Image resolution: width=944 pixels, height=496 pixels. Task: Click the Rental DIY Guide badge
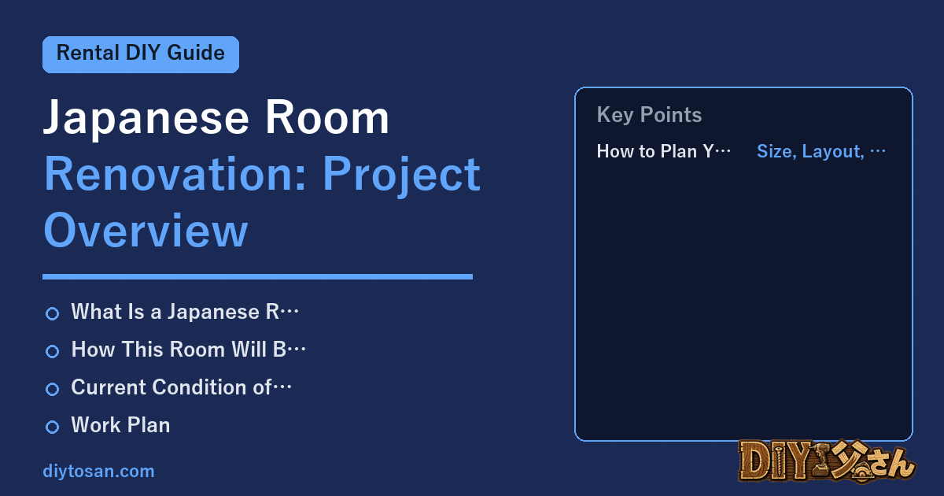coord(141,54)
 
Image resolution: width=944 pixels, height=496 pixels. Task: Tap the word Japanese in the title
coord(146,119)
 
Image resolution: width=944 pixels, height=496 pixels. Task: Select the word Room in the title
coord(327,117)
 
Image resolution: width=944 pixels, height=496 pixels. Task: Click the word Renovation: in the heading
coord(175,174)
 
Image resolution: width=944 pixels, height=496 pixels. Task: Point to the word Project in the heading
coord(402,175)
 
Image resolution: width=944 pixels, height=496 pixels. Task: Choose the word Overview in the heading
coord(146,231)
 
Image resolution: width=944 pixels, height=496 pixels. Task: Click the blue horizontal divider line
coord(257,276)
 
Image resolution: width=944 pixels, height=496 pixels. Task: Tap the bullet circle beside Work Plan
coord(52,427)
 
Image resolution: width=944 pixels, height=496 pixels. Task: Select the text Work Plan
coord(120,424)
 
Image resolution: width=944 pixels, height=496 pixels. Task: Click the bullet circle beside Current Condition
coord(52,389)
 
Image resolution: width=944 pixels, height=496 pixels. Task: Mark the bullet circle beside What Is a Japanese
coord(52,314)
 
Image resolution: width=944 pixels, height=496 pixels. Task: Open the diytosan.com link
coord(98,471)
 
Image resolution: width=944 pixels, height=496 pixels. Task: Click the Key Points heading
coord(649,115)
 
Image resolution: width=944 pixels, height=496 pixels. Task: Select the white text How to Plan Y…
coord(664,151)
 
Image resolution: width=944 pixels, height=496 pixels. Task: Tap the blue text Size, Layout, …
coord(821,151)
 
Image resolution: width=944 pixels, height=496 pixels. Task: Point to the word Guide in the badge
coord(196,54)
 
